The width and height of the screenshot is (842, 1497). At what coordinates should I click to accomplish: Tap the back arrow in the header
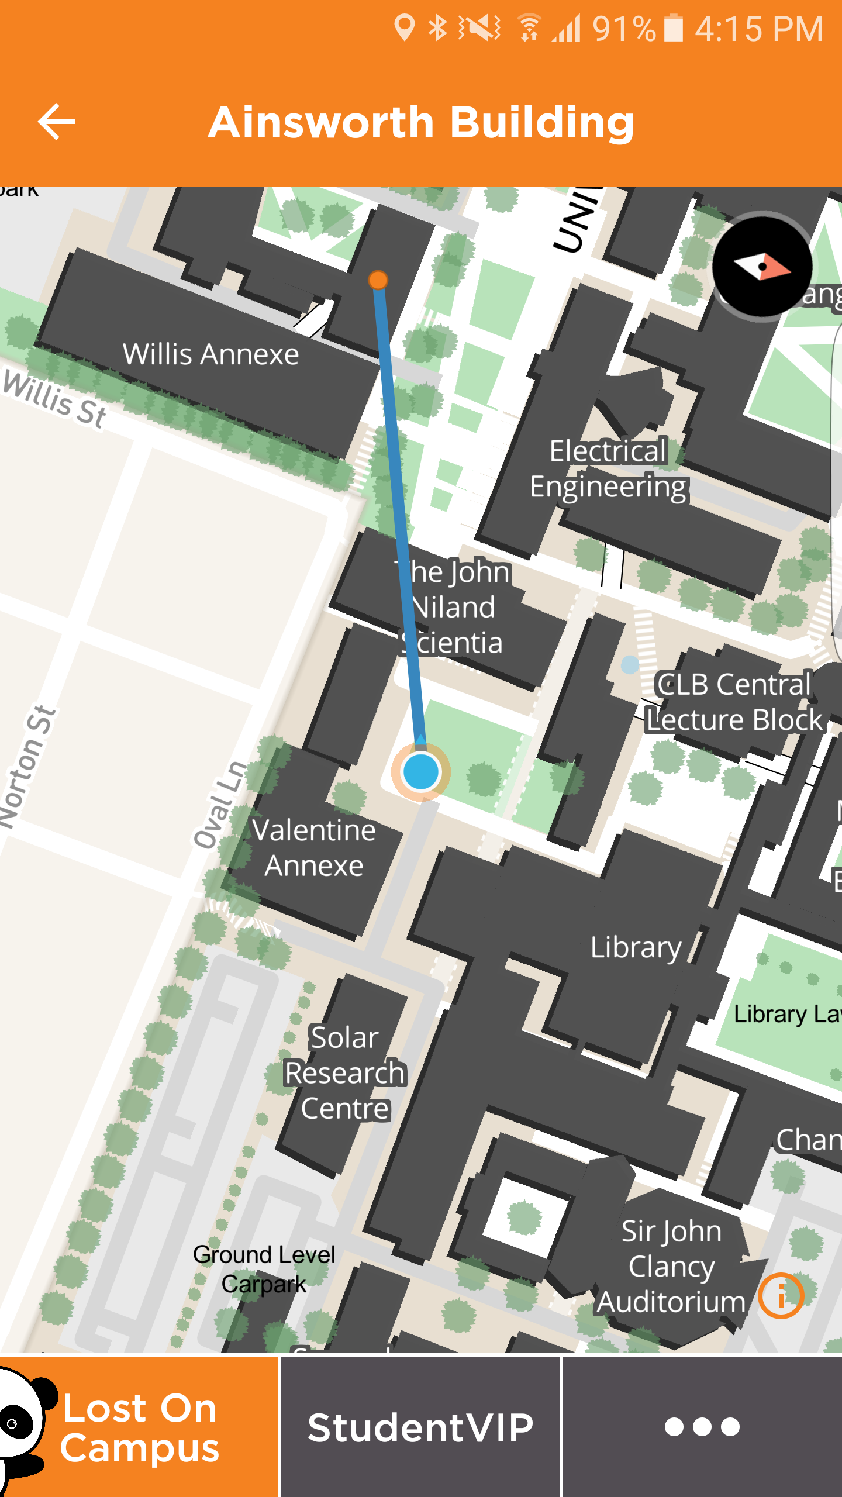pyautogui.click(x=57, y=122)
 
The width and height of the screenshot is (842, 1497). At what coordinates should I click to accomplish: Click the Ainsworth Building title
pyautogui.click(x=421, y=123)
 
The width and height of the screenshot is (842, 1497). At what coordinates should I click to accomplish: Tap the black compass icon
pyautogui.click(x=762, y=267)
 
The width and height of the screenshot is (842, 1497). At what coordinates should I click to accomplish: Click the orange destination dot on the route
pyautogui.click(x=378, y=280)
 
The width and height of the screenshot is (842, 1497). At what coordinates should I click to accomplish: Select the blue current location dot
pyautogui.click(x=420, y=772)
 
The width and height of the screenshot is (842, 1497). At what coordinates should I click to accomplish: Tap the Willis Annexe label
pyautogui.click(x=210, y=354)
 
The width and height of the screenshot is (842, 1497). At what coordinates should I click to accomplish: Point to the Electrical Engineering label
pyautogui.click(x=608, y=469)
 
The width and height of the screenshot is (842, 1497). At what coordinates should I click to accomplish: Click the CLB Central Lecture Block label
pyautogui.click(x=734, y=702)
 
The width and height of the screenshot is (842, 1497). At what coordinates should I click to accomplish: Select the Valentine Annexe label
pyautogui.click(x=314, y=848)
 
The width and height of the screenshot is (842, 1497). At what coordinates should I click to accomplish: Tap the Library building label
pyautogui.click(x=636, y=947)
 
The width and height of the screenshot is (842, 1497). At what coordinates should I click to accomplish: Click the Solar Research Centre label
pyautogui.click(x=345, y=1073)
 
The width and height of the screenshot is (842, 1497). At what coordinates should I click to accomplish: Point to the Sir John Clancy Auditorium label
pyautogui.click(x=671, y=1266)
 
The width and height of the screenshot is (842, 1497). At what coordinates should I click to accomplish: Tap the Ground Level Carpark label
pyautogui.click(x=264, y=1269)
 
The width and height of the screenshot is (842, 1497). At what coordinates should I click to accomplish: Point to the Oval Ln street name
pyautogui.click(x=221, y=805)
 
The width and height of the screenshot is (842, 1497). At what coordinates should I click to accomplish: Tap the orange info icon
pyautogui.click(x=781, y=1296)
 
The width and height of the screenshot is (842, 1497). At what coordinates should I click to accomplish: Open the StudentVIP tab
pyautogui.click(x=420, y=1427)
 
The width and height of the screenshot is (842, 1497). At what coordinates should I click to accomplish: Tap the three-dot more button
pyautogui.click(x=702, y=1427)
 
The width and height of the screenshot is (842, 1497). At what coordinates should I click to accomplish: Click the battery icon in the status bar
pyautogui.click(x=674, y=28)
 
